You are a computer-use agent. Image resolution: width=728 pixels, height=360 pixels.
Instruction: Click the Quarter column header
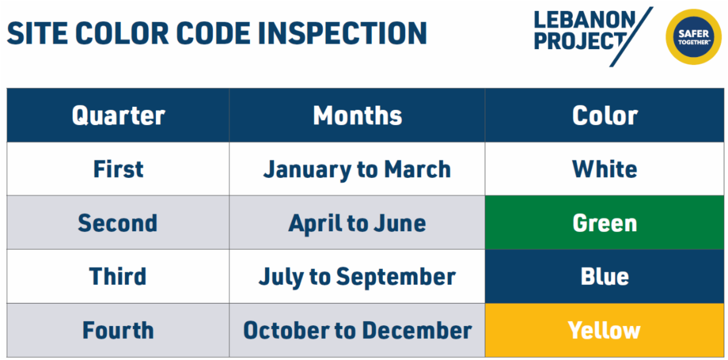pyautogui.click(x=118, y=115)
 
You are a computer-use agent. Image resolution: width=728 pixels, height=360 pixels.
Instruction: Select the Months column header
pyautogui.click(x=357, y=115)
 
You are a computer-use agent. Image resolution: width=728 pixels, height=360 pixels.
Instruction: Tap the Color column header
pyautogui.click(x=605, y=115)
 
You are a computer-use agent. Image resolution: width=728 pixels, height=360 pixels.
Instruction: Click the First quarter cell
pyautogui.click(x=118, y=169)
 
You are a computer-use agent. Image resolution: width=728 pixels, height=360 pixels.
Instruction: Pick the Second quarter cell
pyautogui.click(x=118, y=223)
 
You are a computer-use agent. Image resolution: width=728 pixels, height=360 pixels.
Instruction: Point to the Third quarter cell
pyautogui.click(x=118, y=277)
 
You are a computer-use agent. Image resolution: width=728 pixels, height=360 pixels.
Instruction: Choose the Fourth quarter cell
pyautogui.click(x=118, y=331)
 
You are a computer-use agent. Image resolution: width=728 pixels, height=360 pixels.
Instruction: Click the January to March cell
pyautogui.click(x=357, y=169)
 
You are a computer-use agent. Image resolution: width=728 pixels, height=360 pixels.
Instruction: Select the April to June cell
pyautogui.click(x=357, y=223)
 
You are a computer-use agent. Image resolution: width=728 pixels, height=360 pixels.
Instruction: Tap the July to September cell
pyautogui.click(x=357, y=277)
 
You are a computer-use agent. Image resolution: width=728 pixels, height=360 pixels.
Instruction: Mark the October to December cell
pyautogui.click(x=357, y=331)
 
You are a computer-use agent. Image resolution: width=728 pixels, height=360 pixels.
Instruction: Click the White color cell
pyautogui.click(x=605, y=169)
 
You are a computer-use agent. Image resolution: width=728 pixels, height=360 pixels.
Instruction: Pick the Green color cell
pyautogui.click(x=605, y=223)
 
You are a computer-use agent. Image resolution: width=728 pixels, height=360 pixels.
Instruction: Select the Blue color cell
pyautogui.click(x=605, y=277)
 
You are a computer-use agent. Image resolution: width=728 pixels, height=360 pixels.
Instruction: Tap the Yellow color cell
pyautogui.click(x=605, y=331)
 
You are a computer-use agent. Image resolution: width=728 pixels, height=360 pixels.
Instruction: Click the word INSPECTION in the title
pyautogui.click(x=343, y=33)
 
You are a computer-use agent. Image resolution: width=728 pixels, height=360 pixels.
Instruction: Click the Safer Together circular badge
pyautogui.click(x=693, y=37)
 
